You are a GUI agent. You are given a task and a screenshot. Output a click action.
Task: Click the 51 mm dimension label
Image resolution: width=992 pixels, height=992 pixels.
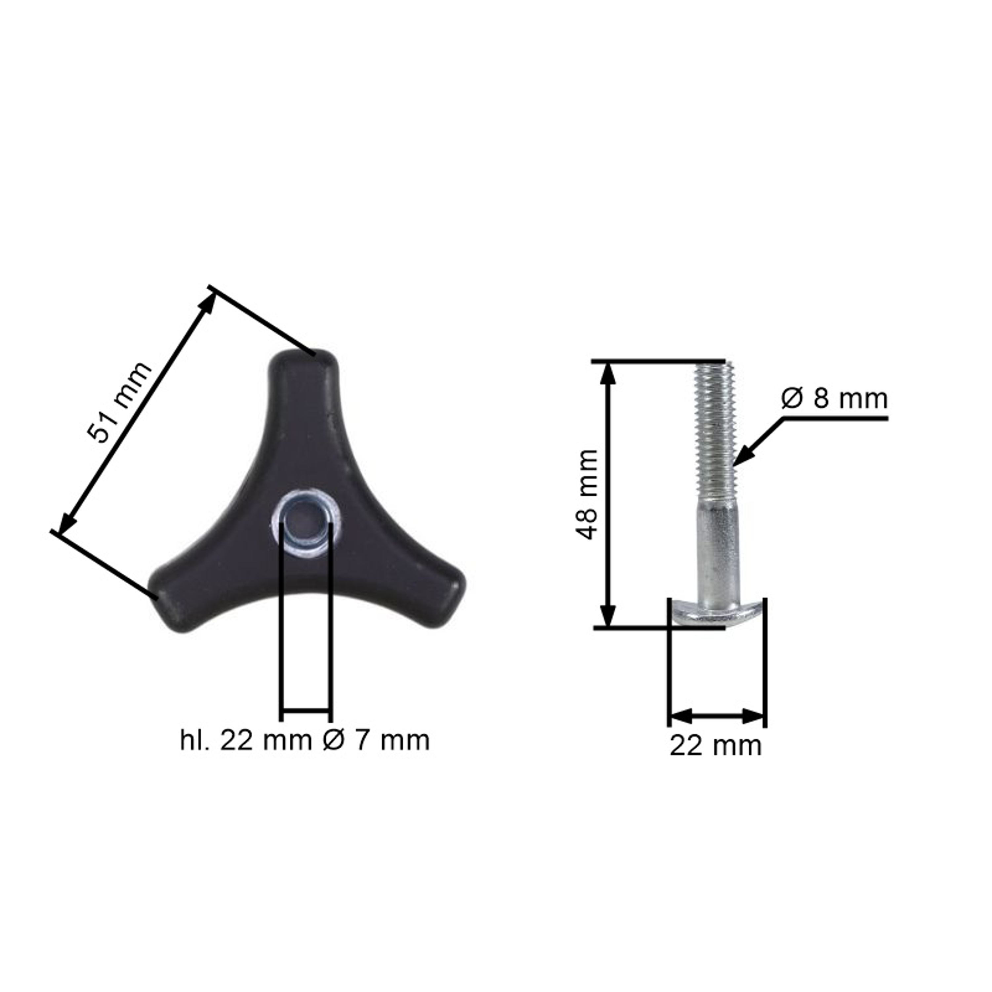[119, 402]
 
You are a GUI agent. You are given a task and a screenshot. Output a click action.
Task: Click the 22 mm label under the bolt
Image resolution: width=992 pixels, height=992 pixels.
[715, 746]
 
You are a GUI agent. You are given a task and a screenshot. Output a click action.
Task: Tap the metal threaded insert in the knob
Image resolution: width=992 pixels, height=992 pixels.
[307, 523]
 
